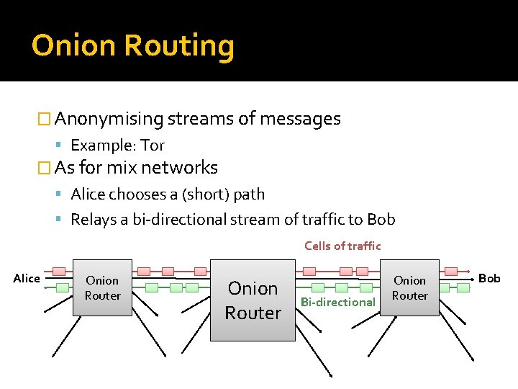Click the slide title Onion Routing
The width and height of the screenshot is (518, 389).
(133, 45)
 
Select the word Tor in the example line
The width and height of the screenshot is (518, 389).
(153, 145)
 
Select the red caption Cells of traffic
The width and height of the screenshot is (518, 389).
(342, 246)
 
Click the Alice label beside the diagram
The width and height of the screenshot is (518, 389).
(27, 279)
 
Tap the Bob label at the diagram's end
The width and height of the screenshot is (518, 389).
(489, 278)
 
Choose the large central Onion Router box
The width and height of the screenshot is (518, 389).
(253, 300)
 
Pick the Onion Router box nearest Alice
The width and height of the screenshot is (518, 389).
(102, 287)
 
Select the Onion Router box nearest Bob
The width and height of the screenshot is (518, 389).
(409, 287)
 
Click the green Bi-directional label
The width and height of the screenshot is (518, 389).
(338, 302)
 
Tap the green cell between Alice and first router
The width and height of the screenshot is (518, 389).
(62, 287)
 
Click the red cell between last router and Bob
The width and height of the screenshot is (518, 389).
(451, 272)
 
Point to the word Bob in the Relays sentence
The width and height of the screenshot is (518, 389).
(381, 220)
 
